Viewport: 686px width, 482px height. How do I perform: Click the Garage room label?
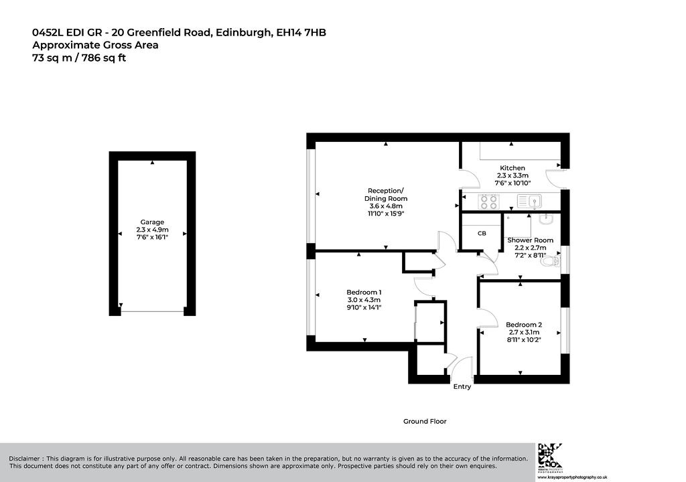[152, 222]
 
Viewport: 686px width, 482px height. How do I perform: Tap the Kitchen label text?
[512, 168]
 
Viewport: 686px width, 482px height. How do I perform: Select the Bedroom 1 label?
[364, 292]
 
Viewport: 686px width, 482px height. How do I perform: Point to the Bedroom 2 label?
[524, 325]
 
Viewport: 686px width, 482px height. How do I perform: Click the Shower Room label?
[531, 240]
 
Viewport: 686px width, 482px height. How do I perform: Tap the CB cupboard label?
[482, 234]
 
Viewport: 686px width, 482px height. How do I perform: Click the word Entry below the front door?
[462, 387]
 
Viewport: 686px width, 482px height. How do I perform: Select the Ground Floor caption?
[425, 421]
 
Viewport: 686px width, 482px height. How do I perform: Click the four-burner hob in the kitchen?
[488, 202]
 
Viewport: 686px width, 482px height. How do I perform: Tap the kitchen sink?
[530, 202]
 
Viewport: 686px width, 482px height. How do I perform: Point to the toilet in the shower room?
[551, 262]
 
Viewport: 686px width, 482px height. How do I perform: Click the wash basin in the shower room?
[547, 219]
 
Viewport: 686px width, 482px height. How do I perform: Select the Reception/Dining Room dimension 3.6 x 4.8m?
[386, 206]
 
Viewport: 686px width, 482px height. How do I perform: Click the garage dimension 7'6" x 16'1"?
[152, 237]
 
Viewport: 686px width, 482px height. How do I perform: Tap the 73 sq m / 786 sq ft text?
[79, 58]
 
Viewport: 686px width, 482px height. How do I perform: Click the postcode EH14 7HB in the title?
[301, 32]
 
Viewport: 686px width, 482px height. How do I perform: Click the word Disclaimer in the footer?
[24, 459]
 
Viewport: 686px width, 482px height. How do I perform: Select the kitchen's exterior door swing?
[555, 179]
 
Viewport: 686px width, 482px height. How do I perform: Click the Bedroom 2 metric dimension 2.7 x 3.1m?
[524, 333]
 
